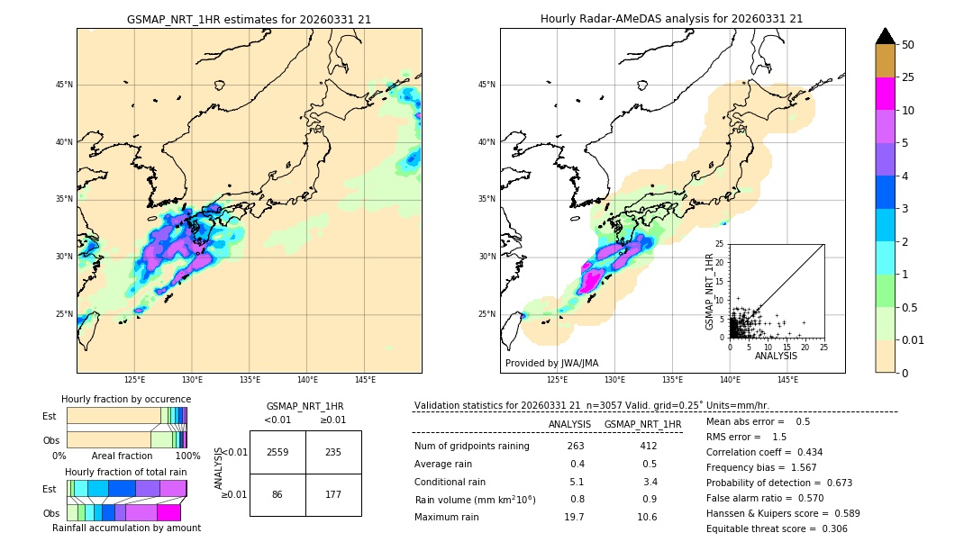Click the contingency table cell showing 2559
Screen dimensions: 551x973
click(277, 452)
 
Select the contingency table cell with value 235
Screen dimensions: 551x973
click(332, 452)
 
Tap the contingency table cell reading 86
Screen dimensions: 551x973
click(277, 494)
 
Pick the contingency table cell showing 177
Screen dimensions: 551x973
click(332, 494)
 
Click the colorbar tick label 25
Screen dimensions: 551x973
click(908, 77)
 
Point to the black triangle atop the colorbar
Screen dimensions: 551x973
click(886, 36)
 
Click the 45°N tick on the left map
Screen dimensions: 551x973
click(64, 85)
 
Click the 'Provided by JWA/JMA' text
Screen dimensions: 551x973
click(551, 364)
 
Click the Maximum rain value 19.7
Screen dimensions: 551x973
click(575, 517)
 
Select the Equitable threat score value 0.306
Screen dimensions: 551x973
click(829, 528)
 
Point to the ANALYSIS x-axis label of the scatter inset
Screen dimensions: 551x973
click(776, 356)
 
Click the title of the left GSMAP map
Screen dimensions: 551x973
click(249, 19)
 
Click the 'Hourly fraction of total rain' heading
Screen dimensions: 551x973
click(125, 472)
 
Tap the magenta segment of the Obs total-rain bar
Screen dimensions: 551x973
click(168, 512)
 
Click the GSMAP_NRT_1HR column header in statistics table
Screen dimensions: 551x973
click(642, 424)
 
